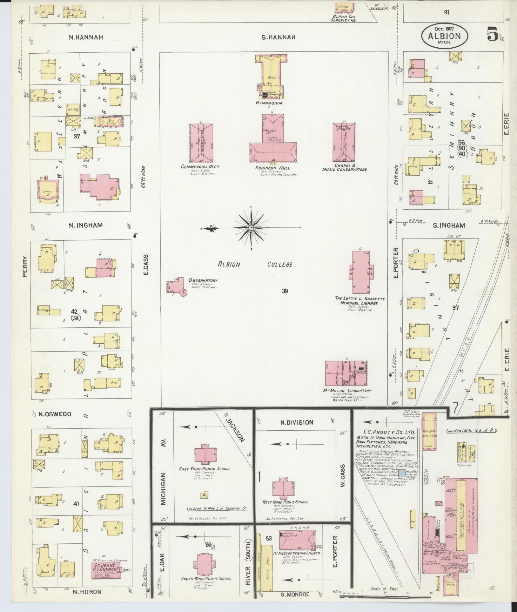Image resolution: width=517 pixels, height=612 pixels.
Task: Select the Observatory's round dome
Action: tap(183, 292)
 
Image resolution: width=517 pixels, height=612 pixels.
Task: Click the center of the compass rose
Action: tap(251, 228)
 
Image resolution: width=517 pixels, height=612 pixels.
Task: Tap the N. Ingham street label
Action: tap(86, 225)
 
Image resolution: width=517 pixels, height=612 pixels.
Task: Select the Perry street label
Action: tap(26, 267)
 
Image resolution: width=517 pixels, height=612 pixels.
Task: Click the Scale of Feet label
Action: tap(385, 588)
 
